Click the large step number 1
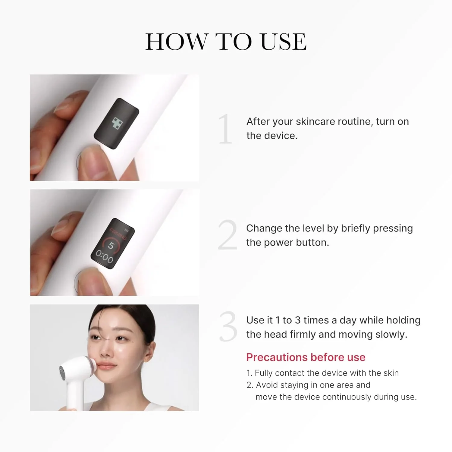point(225,129)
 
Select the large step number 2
point(228,235)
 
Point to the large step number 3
point(228,327)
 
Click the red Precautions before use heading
point(306,357)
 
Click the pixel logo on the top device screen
point(118,123)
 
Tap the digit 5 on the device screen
point(111,246)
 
